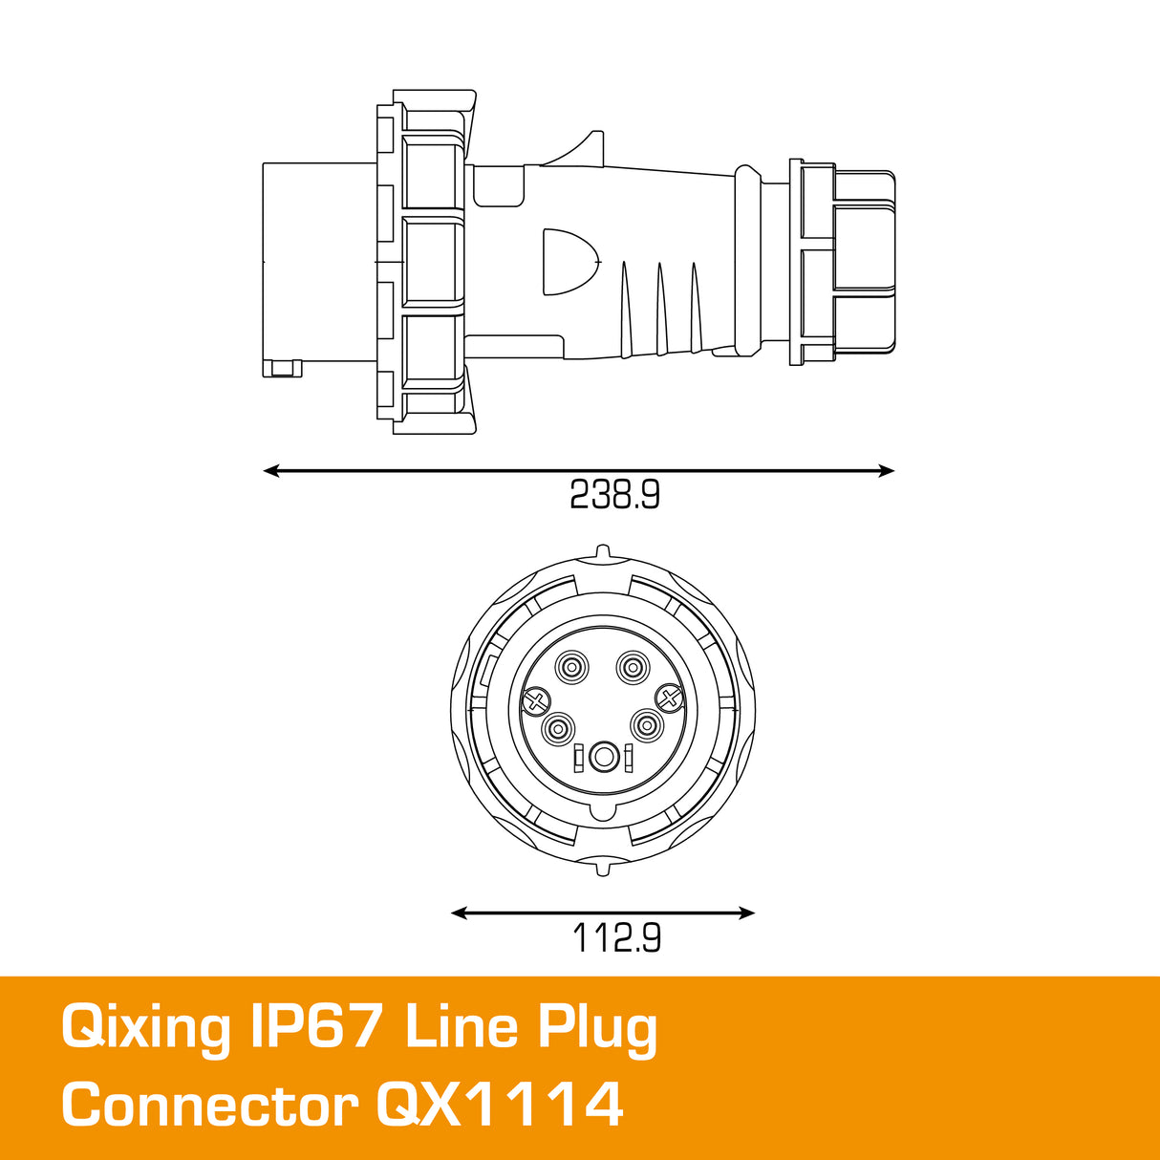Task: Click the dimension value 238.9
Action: [614, 494]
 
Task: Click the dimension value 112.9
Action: [616, 937]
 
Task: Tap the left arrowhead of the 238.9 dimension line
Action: [271, 470]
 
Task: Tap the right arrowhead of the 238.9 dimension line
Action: [887, 470]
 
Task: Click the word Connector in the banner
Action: [209, 1106]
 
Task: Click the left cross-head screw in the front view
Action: [536, 701]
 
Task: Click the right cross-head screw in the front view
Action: [669, 699]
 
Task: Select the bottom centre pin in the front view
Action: [603, 758]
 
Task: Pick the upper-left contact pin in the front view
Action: [573, 667]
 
